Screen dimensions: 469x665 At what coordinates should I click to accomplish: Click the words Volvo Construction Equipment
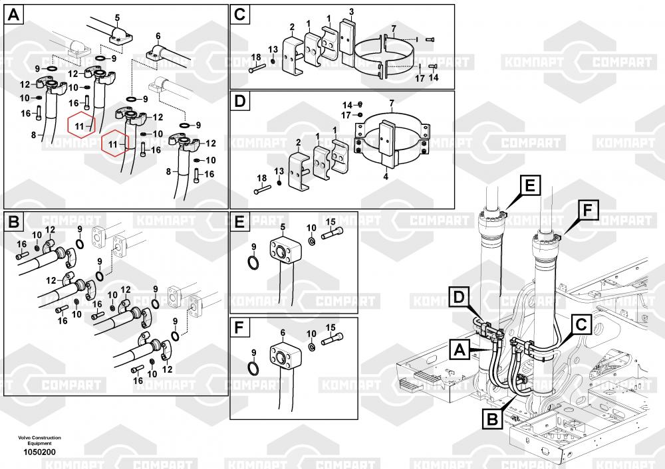(x=39, y=440)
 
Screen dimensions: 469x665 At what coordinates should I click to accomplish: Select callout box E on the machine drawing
(x=529, y=187)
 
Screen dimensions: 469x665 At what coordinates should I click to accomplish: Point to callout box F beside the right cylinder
(x=587, y=211)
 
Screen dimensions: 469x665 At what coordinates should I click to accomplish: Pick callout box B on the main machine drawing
(x=493, y=419)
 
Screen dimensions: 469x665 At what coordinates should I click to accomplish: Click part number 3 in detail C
(x=351, y=11)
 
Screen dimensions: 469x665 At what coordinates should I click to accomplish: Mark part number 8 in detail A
(x=33, y=135)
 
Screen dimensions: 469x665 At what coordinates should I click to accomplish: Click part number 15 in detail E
(x=330, y=221)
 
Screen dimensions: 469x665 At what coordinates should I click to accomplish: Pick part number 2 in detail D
(x=298, y=142)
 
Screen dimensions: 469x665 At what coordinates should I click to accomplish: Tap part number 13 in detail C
(x=273, y=50)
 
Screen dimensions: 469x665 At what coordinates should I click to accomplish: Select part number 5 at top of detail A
(x=117, y=17)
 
